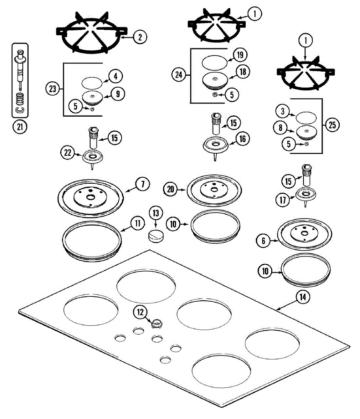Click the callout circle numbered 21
coord(20,127)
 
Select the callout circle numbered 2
coord(140,37)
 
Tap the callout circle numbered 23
coord(52,89)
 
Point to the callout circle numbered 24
coord(179,75)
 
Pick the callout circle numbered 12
coord(140,312)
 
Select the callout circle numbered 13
coord(156,213)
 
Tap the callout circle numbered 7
coord(143,184)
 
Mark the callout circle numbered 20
coord(171,189)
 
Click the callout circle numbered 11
coord(138,223)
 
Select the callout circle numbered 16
coord(243,139)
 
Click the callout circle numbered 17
coord(283,200)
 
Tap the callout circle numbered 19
coord(240,55)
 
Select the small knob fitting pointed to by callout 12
coord(155,324)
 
